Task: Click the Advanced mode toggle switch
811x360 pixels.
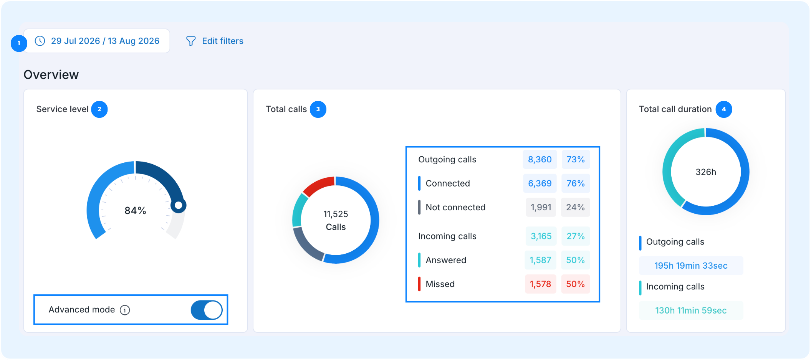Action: tap(207, 310)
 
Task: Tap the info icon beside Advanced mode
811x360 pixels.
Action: tap(125, 310)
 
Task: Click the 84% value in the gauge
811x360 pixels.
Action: tap(135, 211)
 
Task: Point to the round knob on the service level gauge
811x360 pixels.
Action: tap(179, 205)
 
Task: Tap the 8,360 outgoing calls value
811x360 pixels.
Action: tap(540, 160)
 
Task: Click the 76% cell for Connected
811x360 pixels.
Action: tap(575, 183)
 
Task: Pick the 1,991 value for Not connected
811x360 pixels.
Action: tap(541, 208)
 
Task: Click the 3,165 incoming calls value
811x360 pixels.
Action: tap(541, 236)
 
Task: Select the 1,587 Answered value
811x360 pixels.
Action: tap(540, 260)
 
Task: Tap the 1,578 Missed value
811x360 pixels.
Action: tap(540, 284)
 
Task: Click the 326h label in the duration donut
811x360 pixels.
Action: tap(706, 172)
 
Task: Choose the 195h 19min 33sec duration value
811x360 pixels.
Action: tap(691, 266)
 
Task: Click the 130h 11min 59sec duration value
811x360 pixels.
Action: tap(691, 310)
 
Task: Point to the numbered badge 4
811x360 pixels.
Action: tap(724, 109)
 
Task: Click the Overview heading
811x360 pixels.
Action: tap(51, 74)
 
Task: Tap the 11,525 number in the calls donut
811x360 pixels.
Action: tap(336, 214)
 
